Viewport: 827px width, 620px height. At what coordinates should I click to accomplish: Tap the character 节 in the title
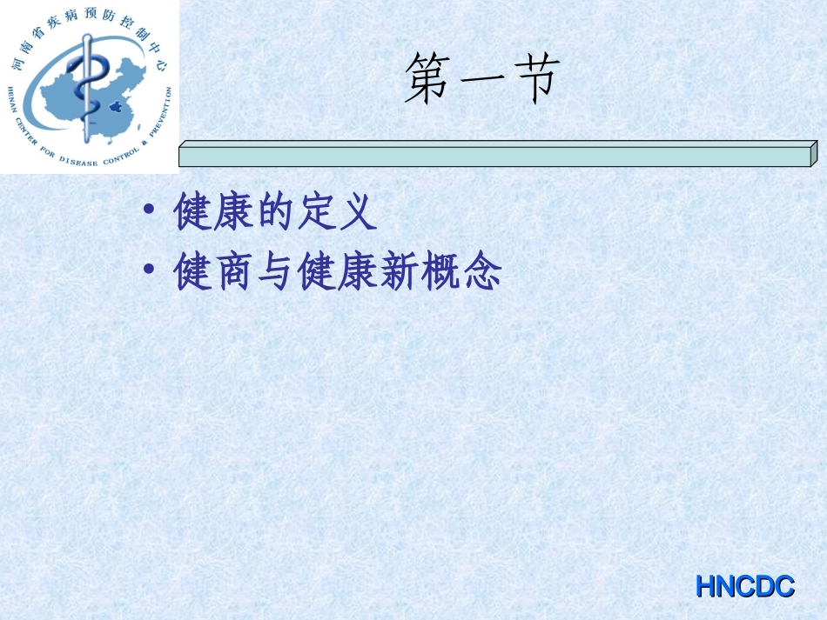pyautogui.click(x=530, y=79)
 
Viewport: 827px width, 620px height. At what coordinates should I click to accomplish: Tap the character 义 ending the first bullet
pyautogui.click(x=356, y=213)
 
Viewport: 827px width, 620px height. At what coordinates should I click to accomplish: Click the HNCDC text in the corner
pyautogui.click(x=745, y=587)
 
